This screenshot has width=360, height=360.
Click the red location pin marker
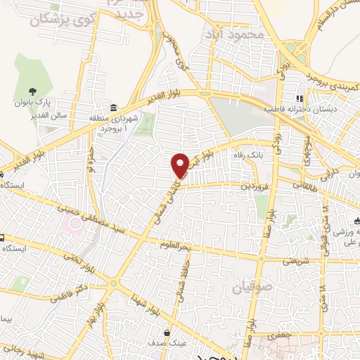click(181, 165)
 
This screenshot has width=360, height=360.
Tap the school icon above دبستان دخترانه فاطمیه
click(298, 98)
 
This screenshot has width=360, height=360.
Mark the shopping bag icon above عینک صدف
click(167, 333)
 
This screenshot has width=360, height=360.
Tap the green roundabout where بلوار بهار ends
click(113, 283)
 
